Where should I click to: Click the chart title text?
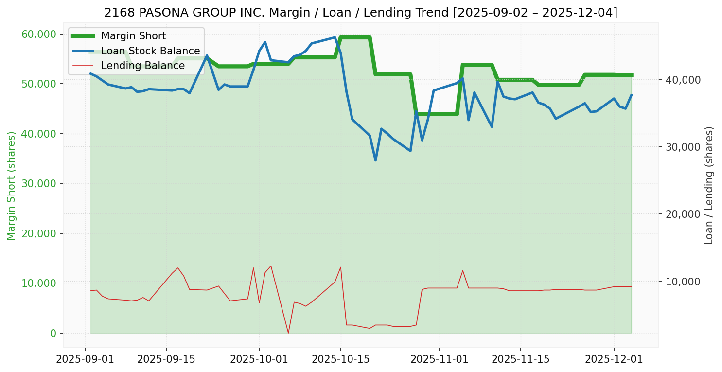[x=361, y=12]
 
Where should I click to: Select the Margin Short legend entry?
[x=133, y=36]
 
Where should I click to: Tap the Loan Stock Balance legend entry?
[x=150, y=51]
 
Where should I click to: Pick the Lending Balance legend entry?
[x=142, y=66]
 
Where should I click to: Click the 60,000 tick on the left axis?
[x=39, y=34]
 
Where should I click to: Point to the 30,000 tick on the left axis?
[x=39, y=183]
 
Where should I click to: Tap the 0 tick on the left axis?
[x=53, y=333]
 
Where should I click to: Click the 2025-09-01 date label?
[x=85, y=359]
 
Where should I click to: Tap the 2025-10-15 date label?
[x=340, y=359]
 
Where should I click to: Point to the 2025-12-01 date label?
[x=614, y=359]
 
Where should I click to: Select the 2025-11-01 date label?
[x=439, y=359]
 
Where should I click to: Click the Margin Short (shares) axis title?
[x=11, y=186]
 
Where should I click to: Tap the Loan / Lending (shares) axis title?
[x=709, y=185]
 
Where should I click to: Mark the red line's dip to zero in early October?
[x=288, y=333]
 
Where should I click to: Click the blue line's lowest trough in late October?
[x=375, y=160]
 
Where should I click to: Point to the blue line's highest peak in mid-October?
[x=335, y=37]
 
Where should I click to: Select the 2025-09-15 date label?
[x=166, y=359]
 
